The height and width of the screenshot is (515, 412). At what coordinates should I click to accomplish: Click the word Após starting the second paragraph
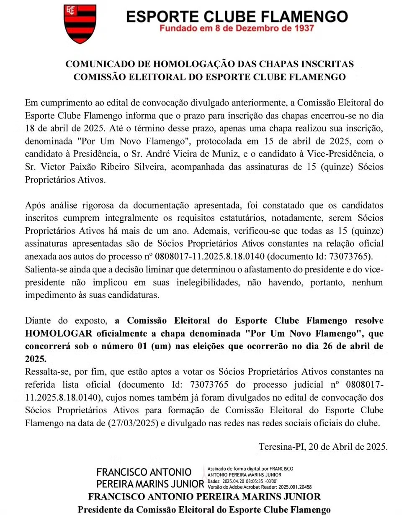pos(36,206)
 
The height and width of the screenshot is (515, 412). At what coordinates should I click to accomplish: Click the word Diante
pos(39,320)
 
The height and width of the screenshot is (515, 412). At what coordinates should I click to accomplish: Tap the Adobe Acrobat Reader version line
pos(259,487)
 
